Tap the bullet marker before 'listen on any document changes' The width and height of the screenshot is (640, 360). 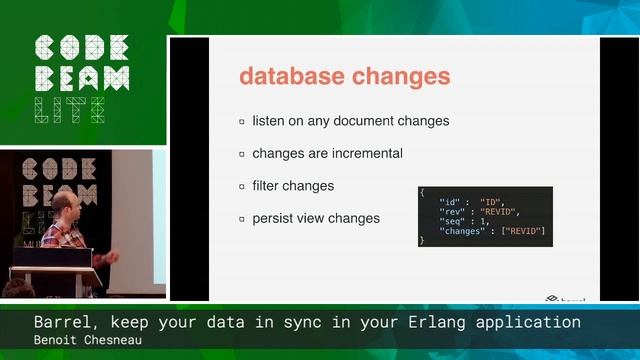pos(242,121)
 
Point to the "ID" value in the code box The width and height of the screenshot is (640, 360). pos(489,201)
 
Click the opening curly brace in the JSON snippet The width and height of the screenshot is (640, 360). pos(422,191)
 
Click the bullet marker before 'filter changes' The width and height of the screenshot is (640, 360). pos(242,186)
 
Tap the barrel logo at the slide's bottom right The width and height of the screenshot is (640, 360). pos(565,297)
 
